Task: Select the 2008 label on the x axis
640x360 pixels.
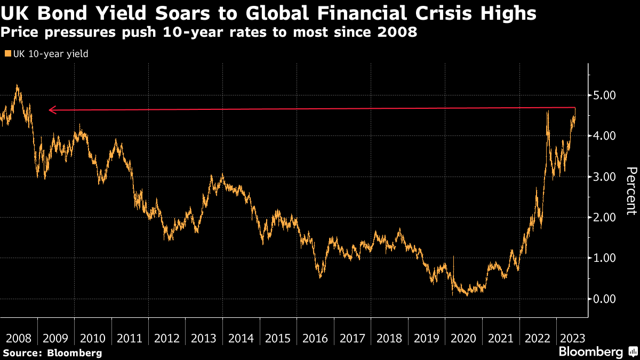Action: [19, 339]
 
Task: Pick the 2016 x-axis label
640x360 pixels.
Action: [315, 339]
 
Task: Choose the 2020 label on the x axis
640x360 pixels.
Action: [463, 339]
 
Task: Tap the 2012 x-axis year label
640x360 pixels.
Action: [167, 339]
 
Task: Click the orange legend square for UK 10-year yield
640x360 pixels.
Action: [7, 53]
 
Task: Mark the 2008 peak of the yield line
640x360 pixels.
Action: [17, 85]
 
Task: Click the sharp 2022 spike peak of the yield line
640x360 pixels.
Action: [548, 111]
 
